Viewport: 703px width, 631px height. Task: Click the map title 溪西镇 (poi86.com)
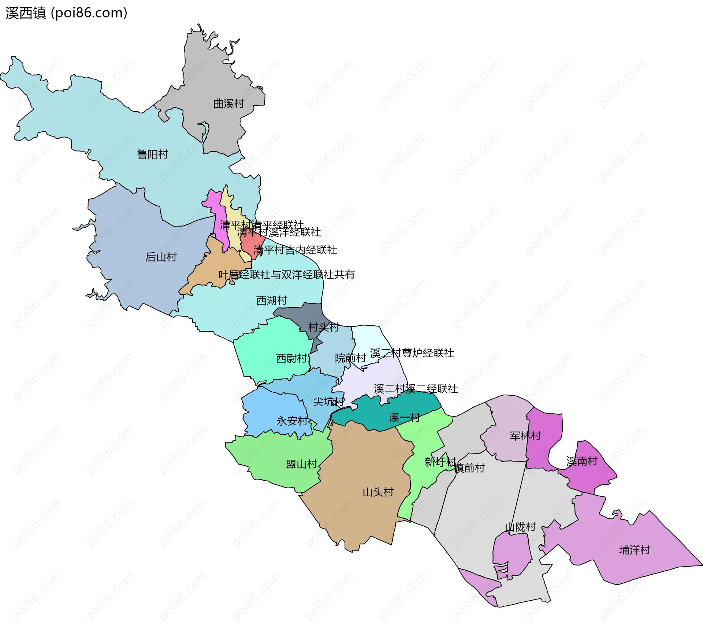(x=66, y=13)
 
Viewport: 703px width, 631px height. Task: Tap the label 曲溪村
(x=228, y=104)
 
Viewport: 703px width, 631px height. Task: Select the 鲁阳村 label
(x=152, y=154)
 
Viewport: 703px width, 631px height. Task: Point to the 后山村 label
(x=161, y=257)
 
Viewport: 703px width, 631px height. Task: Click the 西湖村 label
(x=271, y=300)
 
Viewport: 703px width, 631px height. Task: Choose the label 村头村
(x=323, y=327)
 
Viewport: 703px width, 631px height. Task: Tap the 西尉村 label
(x=291, y=358)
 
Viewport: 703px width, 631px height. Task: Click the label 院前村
(x=350, y=358)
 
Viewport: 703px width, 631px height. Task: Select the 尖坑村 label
(x=328, y=402)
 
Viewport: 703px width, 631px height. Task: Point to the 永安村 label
(x=292, y=421)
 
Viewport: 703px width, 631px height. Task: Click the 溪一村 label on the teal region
(x=404, y=418)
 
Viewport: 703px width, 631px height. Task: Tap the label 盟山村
(x=301, y=464)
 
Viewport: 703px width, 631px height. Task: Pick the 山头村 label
(x=378, y=492)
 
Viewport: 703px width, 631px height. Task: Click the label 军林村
(x=525, y=436)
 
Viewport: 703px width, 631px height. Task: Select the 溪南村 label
(x=582, y=461)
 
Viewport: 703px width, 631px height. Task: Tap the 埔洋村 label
(x=635, y=550)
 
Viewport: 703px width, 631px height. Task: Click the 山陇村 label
(x=520, y=527)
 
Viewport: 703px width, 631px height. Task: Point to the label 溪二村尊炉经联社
(x=412, y=353)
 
